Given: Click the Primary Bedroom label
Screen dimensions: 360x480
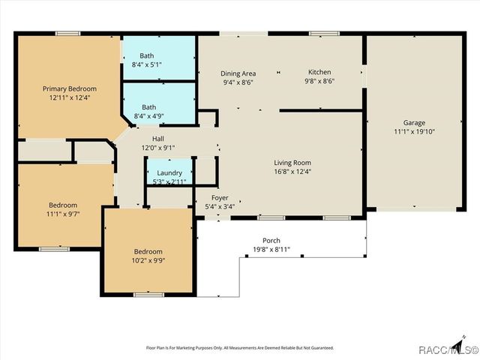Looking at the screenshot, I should (69, 88).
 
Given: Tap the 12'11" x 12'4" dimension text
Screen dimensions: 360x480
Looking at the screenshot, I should (69, 97).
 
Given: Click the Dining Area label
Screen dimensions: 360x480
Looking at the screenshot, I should (238, 73).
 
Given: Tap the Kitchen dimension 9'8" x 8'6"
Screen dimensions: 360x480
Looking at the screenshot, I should (319, 81).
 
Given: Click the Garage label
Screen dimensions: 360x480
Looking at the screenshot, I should (414, 123).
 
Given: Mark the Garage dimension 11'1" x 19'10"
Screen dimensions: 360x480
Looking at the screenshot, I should (414, 132).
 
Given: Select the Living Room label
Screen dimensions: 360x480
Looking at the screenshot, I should (292, 163).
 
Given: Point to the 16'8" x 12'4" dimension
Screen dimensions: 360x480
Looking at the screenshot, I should (292, 172).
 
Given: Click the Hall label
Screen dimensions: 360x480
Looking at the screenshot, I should (158, 139).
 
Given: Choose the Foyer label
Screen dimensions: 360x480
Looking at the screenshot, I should (219, 198).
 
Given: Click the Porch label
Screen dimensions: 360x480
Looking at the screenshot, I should (271, 240).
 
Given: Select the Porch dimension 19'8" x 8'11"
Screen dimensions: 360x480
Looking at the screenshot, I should (271, 249).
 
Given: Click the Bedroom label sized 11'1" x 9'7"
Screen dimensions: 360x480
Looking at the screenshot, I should (63, 205).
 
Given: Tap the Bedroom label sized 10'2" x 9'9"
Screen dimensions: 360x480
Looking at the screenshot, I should (148, 251).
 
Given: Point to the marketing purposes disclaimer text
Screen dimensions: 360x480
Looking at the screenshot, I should (239, 348).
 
